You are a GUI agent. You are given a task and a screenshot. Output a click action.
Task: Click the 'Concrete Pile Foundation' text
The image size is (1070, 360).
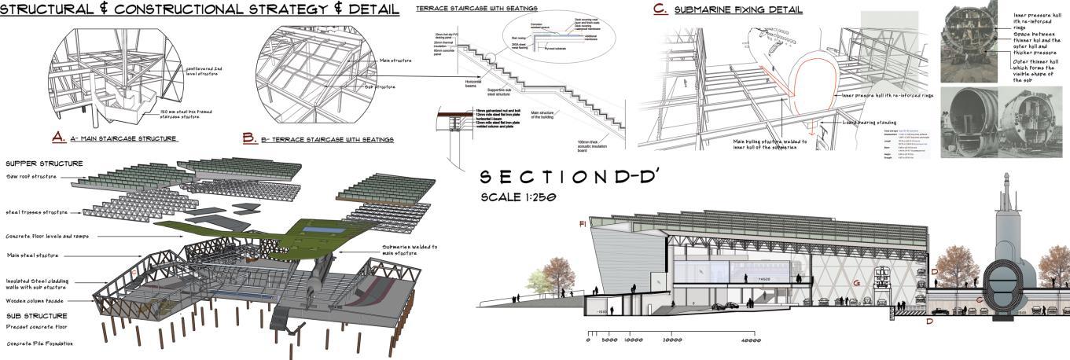coord(40,343)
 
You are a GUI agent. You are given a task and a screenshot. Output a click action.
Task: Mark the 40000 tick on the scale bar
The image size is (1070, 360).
coord(751,340)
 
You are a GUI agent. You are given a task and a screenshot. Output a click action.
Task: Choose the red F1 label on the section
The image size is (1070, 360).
coord(582,224)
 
